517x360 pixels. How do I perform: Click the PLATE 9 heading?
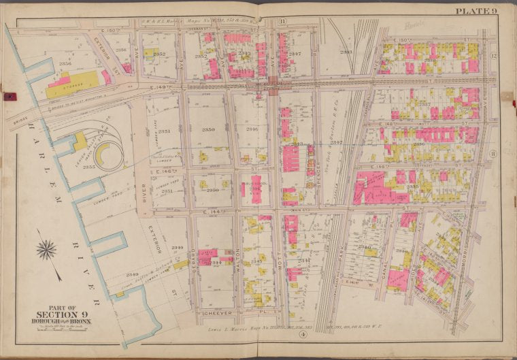tap(476, 10)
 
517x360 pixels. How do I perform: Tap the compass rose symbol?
tap(46, 251)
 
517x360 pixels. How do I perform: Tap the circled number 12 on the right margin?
tap(495, 54)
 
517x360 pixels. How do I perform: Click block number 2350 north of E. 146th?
tap(209, 129)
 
